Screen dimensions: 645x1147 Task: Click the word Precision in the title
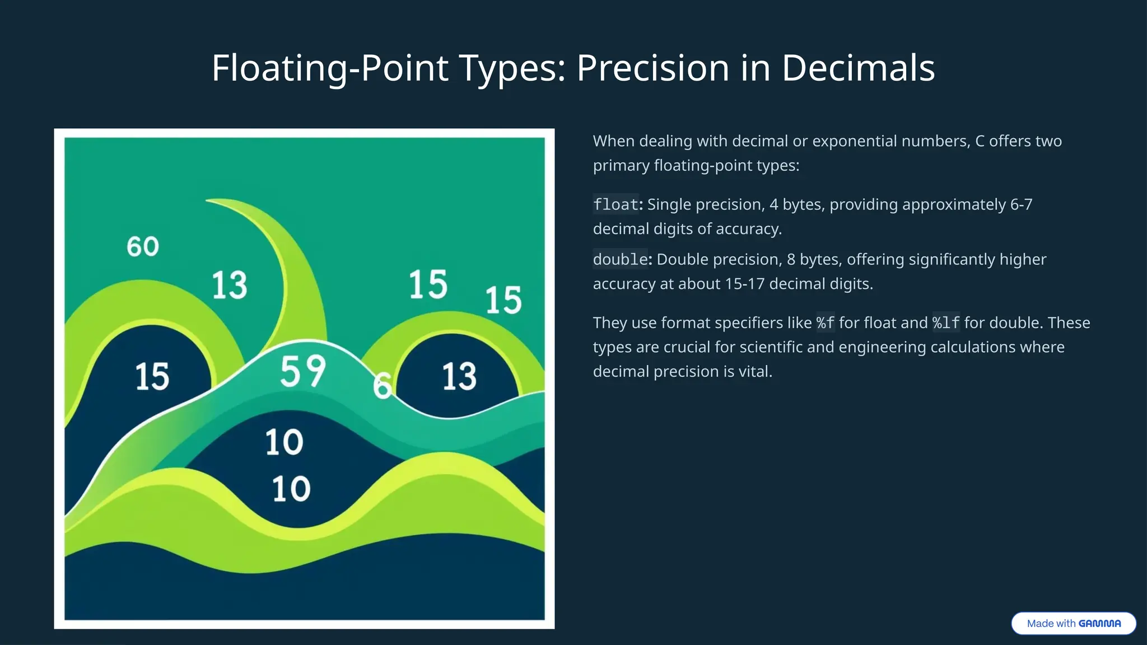653,68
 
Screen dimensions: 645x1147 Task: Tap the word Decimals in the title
858,68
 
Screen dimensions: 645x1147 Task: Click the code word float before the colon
616,204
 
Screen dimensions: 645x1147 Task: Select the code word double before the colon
620,259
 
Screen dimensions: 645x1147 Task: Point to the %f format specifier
825,323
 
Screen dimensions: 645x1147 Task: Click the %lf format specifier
946,323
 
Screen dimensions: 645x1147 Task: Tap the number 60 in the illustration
143,247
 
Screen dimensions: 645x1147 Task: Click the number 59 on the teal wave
302,371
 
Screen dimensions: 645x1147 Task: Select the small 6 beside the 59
382,386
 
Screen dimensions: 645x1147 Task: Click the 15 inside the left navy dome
152,376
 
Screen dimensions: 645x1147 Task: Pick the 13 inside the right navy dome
459,376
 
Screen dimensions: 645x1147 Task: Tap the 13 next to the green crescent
229,285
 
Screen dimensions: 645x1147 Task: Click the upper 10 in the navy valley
284,442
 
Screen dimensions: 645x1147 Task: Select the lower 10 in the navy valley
291,489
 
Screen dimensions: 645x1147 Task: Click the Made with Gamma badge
1073,623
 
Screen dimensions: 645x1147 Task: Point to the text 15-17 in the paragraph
744,284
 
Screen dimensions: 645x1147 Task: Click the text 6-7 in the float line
1020,204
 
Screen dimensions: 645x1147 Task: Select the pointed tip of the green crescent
208,200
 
